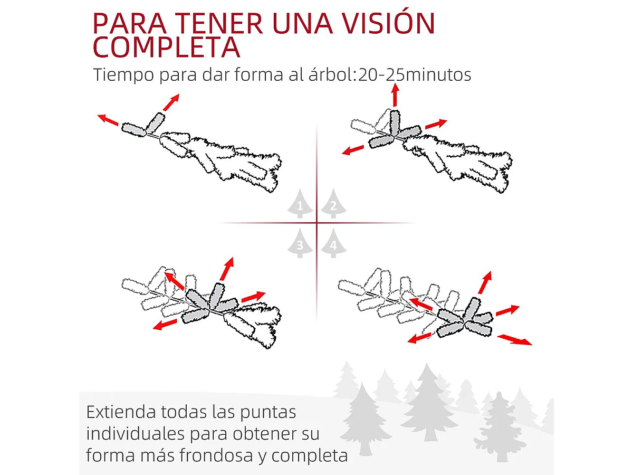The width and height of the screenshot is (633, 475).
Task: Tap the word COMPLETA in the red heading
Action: coord(166,47)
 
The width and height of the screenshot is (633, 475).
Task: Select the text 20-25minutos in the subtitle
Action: coord(414,75)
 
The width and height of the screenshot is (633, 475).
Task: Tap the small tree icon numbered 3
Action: coord(300,244)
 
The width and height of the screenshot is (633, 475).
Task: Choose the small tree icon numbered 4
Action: coord(332,244)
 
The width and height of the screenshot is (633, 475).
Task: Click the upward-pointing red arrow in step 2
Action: coord(395,95)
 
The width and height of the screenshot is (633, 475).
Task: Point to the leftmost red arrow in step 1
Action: coord(108,120)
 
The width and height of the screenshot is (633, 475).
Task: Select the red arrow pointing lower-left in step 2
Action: coord(353,150)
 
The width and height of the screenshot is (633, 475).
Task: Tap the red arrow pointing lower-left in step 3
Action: coord(165,324)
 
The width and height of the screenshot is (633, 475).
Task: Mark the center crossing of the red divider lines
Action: coord(316,223)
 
